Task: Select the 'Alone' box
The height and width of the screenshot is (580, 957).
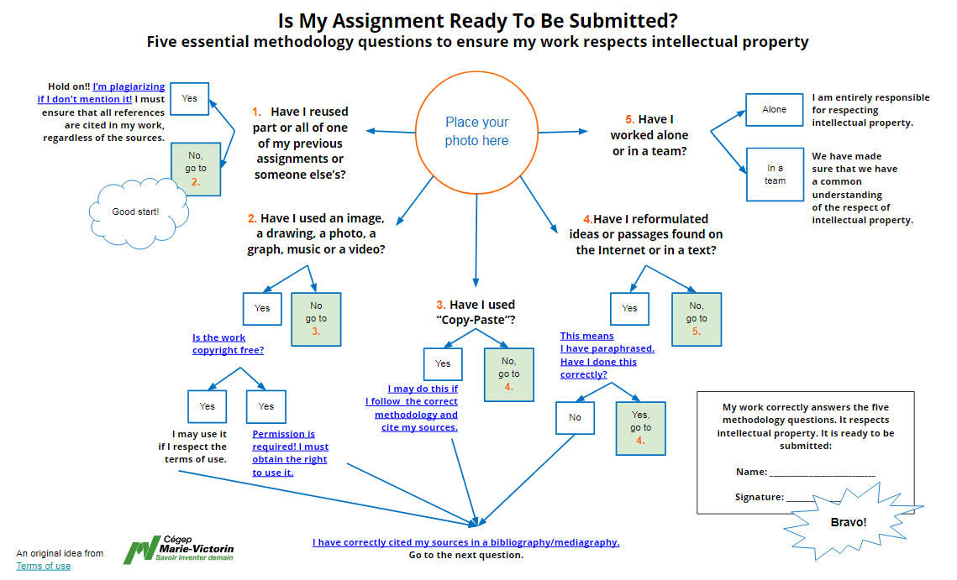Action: coord(775,110)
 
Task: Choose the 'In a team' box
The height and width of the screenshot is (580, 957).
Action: coord(776,175)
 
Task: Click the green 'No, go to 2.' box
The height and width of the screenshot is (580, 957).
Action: coord(196,169)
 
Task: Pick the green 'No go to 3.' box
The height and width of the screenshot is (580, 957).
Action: coord(316,320)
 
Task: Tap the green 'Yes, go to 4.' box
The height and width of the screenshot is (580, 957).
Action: coord(641,428)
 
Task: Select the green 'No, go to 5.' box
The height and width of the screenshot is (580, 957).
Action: coord(697,320)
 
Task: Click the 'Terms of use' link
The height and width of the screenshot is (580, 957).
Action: coord(44,566)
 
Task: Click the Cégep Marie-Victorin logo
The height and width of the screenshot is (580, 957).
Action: coord(179,549)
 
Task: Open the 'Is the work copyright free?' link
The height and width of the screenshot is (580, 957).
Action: coord(228,344)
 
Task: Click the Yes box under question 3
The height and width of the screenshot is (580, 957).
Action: coord(443,364)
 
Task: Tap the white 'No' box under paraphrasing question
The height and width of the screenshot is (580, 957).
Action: coord(575,418)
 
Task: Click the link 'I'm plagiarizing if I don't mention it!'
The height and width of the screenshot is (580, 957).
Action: coord(102,92)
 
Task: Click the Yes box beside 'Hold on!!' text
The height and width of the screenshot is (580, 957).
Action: coord(190,99)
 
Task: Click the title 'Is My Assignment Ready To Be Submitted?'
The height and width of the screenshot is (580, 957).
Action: coord(478,21)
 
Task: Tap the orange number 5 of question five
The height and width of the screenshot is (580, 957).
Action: coord(630,119)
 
